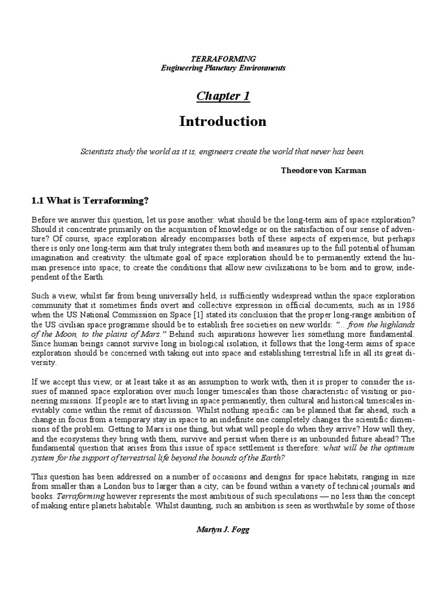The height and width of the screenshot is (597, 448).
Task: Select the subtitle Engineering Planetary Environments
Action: click(x=223, y=68)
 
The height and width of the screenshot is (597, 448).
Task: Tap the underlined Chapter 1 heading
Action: click(x=223, y=96)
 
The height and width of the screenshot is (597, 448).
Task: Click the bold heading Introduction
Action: click(x=223, y=121)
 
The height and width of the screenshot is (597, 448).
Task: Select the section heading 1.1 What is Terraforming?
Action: click(x=90, y=201)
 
